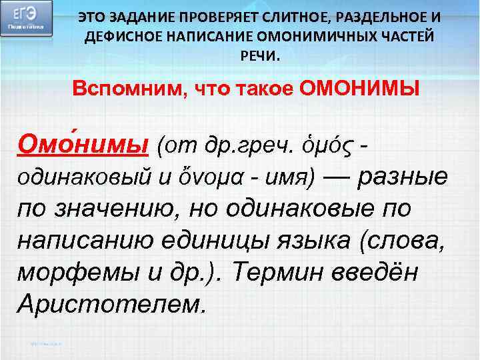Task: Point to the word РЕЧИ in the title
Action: (x=256, y=56)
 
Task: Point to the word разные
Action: (x=405, y=176)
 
